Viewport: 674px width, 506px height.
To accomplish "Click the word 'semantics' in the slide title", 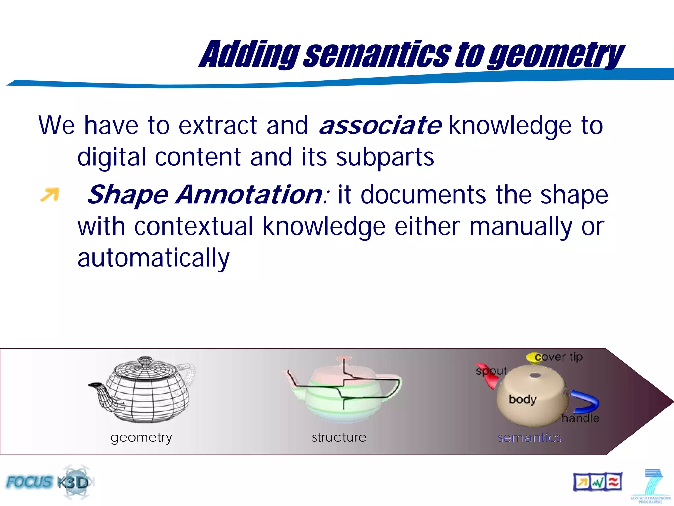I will (378, 54).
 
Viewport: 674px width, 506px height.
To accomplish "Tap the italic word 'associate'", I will (380, 126).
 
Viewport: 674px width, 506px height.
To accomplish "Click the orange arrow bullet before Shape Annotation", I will (50, 194).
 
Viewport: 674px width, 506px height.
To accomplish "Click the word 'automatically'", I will (153, 258).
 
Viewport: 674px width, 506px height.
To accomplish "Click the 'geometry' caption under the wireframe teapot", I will (141, 437).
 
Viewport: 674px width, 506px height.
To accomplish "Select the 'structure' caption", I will (339, 437).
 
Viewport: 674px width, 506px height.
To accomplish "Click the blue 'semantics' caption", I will (529, 438).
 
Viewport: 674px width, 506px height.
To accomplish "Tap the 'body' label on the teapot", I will (523, 399).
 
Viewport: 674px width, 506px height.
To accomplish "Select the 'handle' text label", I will (580, 418).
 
